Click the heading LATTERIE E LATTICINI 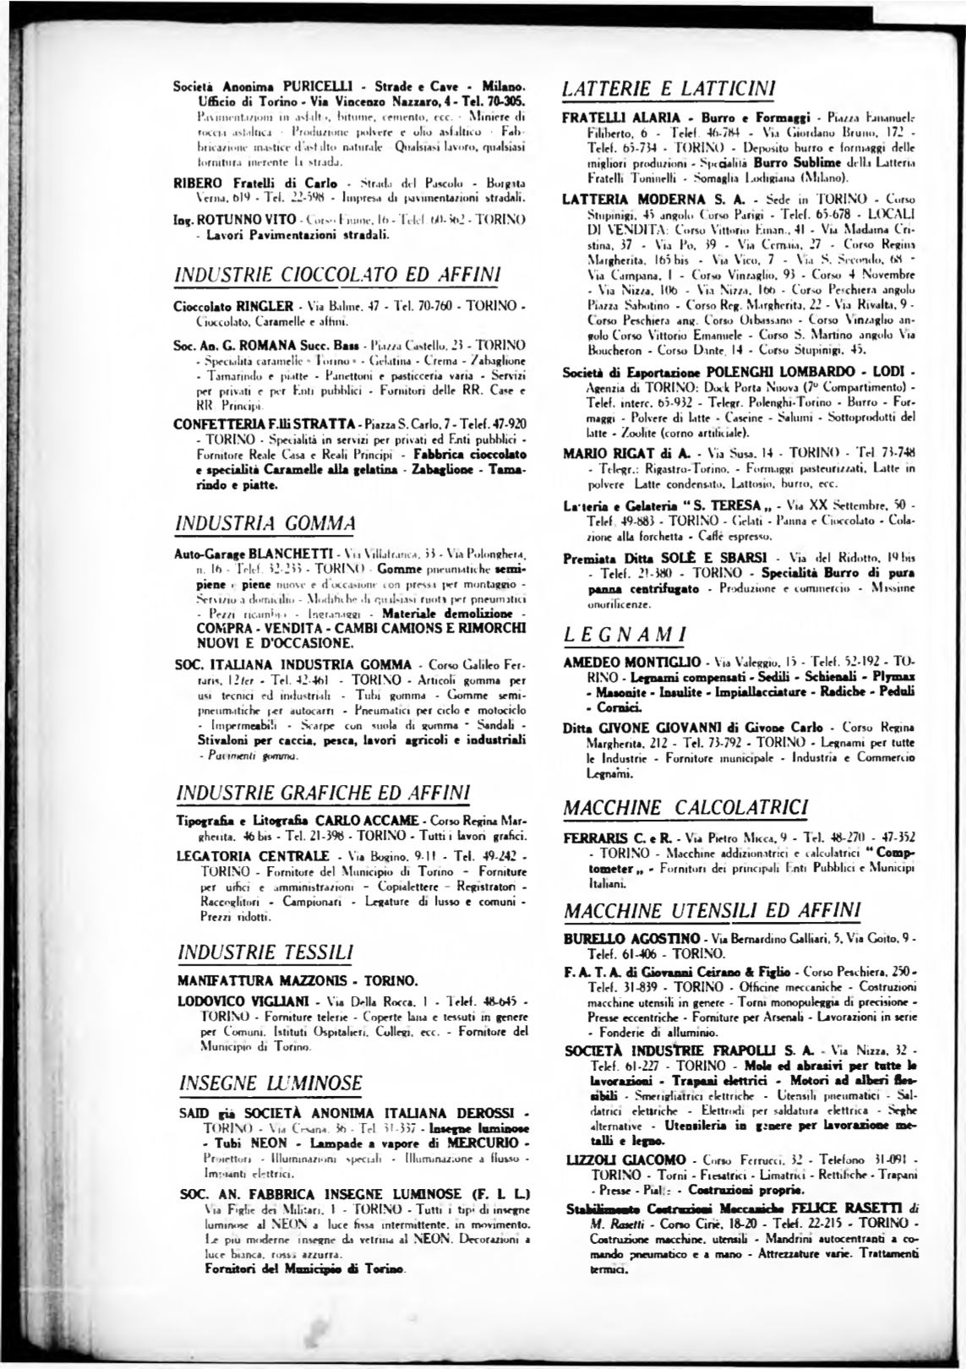click(669, 88)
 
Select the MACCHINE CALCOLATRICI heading click(685, 805)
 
